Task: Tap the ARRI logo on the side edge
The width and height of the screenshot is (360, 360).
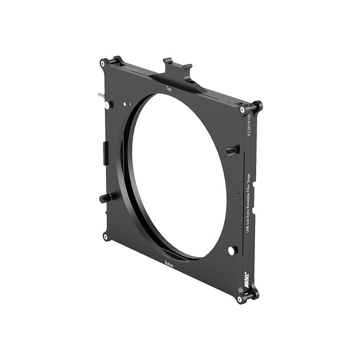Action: [246, 276]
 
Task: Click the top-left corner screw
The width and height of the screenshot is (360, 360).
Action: [103, 63]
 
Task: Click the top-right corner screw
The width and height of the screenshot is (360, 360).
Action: [242, 109]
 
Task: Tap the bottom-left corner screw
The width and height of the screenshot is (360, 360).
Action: [105, 236]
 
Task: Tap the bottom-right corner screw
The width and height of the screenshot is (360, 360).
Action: [240, 299]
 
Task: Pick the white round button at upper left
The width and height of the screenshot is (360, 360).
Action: [107, 105]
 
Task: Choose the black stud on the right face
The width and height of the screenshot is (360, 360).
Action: [230, 150]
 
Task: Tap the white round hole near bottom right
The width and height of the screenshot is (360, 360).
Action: [231, 250]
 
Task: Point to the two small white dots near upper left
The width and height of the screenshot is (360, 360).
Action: [127, 104]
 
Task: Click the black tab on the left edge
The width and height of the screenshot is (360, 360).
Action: [105, 152]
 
